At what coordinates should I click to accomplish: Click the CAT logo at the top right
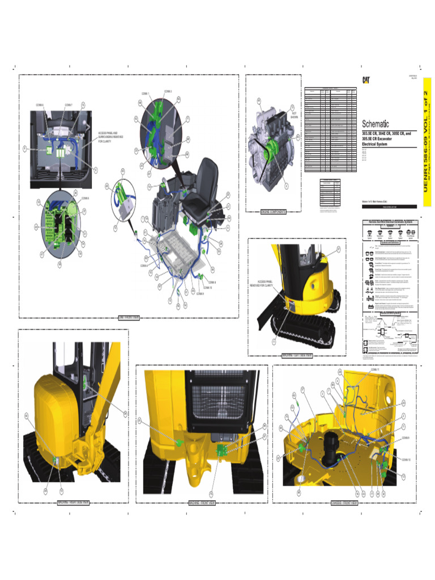pyautogui.click(x=366, y=81)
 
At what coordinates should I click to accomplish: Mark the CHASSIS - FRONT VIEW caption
pyautogui.click(x=344, y=502)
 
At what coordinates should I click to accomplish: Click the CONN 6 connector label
pyautogui.click(x=40, y=105)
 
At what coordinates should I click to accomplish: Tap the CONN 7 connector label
pyautogui.click(x=68, y=105)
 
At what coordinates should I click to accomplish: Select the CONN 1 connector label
pyautogui.click(x=146, y=93)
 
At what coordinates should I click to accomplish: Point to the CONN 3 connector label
pyautogui.click(x=168, y=91)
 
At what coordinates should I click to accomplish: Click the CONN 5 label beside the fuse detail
pyautogui.click(x=86, y=198)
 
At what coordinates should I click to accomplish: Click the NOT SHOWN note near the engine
pyautogui.click(x=294, y=115)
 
